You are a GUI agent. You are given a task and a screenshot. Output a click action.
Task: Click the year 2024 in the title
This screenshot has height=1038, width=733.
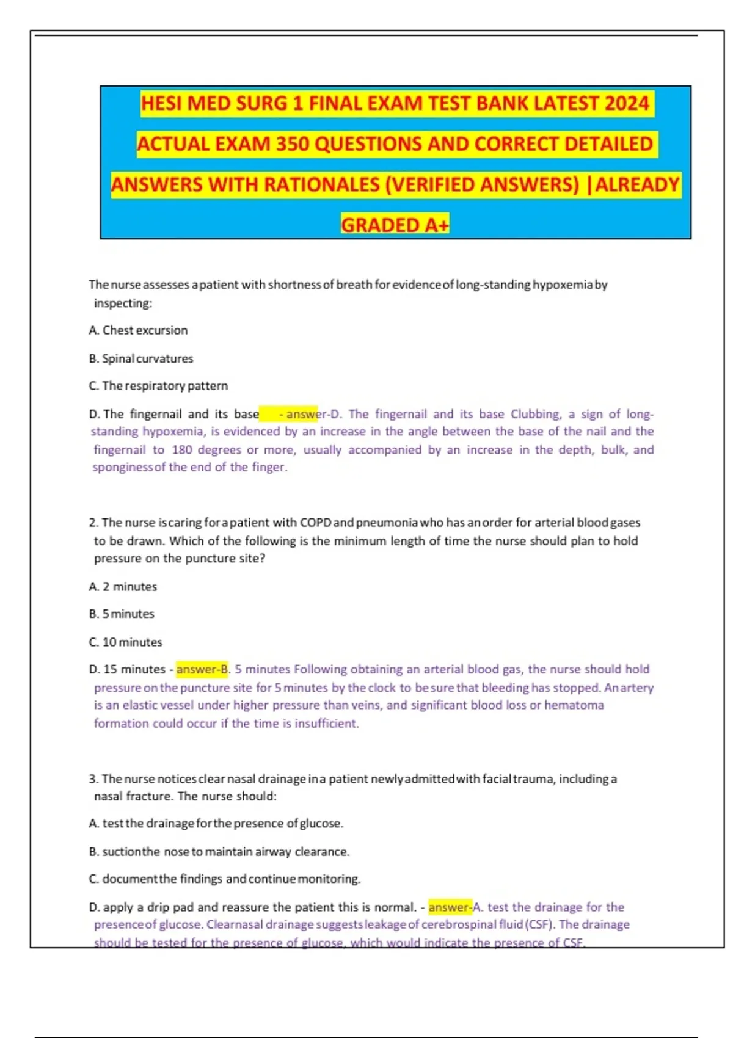[626, 103]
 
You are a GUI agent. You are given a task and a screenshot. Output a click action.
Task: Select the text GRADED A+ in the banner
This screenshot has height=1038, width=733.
[395, 225]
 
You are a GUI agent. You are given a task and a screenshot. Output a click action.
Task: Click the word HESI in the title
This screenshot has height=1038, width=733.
[162, 103]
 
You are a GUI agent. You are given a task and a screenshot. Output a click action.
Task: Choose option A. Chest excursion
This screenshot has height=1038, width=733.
[138, 330]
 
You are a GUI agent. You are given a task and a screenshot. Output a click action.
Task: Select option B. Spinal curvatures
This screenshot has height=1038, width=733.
[141, 358]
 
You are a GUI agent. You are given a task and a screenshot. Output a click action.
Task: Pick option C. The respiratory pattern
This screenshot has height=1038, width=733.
[158, 386]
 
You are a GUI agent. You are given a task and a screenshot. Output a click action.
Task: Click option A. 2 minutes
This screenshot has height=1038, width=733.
[123, 587]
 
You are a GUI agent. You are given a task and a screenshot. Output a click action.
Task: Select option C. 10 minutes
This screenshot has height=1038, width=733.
[125, 642]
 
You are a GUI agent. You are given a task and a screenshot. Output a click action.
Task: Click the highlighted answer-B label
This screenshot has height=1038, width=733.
[202, 670]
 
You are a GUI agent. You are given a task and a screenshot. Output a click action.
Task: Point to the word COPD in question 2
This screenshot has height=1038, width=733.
[315, 523]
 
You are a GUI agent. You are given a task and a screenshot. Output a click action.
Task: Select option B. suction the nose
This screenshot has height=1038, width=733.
[219, 852]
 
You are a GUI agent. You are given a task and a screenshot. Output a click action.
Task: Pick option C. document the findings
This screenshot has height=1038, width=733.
[225, 879]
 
